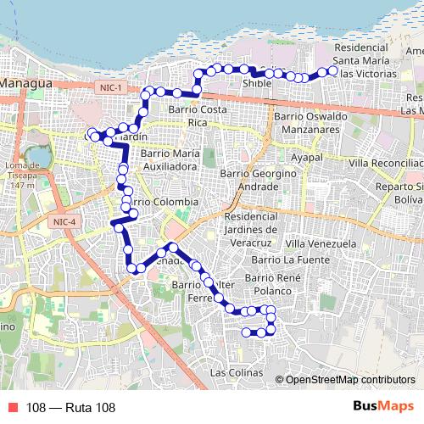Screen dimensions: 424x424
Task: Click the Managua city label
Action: click(27, 84)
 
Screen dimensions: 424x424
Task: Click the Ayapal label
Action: click(308, 158)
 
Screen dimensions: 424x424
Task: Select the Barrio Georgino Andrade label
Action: click(248, 179)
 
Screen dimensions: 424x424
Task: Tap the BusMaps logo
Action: click(384, 406)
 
